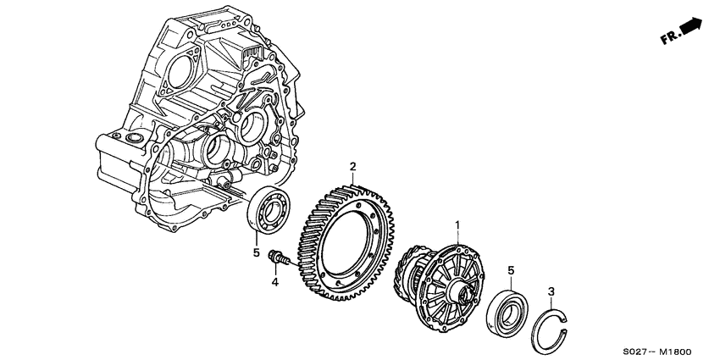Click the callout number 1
(x=458, y=225)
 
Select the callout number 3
(x=551, y=292)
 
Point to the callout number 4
(x=274, y=280)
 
